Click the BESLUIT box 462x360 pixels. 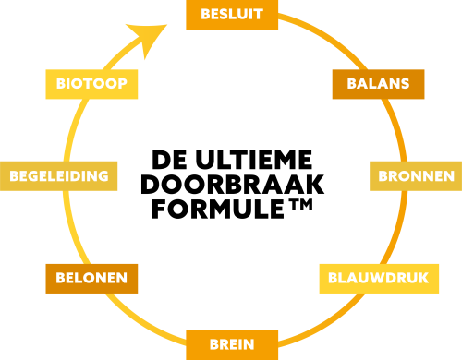tap(232, 15)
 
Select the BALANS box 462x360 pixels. tap(378, 84)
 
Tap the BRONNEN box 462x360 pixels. tap(416, 176)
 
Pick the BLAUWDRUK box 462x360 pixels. tap(379, 279)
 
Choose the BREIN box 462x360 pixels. tap(232, 345)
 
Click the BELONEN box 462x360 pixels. tap(91, 279)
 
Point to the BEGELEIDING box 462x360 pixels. tap(58, 176)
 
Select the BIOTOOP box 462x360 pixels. tap(91, 84)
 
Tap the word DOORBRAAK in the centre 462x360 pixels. tap(233, 185)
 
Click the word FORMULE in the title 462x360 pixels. tap(218, 209)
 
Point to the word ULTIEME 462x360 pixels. tap(254, 160)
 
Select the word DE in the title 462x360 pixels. tap(169, 160)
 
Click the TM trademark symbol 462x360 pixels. tap(300, 204)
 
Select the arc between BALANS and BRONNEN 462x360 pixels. tap(396, 129)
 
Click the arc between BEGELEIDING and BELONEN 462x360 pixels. tap(72, 228)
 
